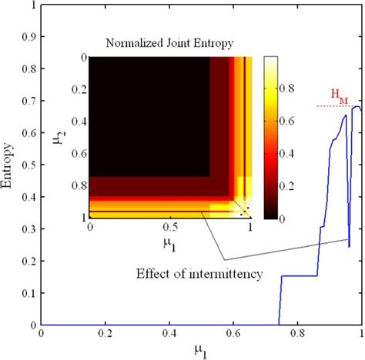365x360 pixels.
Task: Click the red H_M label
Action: point(338,94)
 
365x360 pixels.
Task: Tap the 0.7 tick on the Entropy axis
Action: point(28,101)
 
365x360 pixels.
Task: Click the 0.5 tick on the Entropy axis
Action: point(28,165)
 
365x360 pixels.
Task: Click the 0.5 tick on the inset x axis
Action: point(169,228)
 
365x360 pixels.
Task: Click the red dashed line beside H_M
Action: point(339,106)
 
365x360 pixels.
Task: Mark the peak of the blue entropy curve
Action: point(356,107)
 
